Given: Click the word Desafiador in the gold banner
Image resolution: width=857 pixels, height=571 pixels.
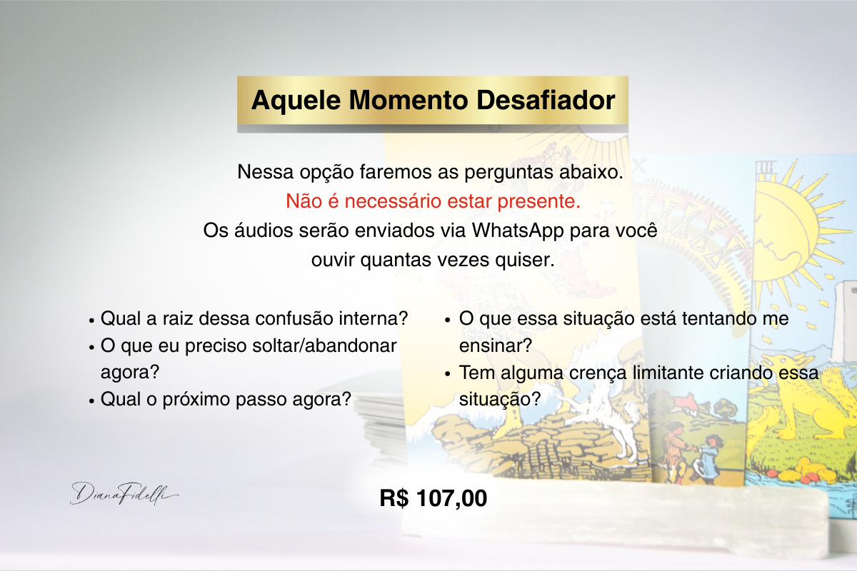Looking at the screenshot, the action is (546, 100).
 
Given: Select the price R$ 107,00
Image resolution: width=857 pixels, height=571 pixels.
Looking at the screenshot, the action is (433, 498).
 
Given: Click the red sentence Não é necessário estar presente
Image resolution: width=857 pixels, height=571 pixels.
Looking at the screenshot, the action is (433, 201).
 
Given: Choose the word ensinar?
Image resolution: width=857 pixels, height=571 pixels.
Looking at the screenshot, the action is (496, 345).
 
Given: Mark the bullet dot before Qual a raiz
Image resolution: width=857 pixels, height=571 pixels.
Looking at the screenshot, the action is (91, 320).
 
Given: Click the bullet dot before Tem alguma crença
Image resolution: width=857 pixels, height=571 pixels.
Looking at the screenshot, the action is (448, 375).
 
